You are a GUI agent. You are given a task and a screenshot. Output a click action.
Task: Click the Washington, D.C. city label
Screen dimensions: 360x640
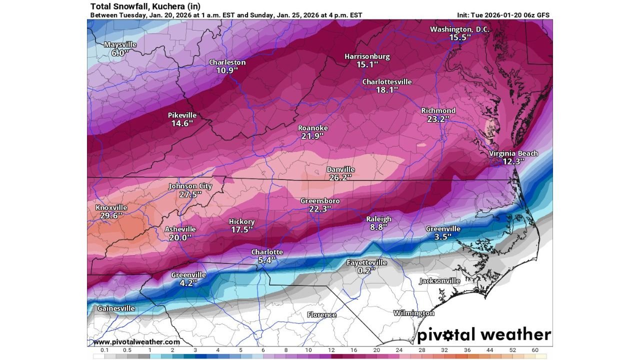coord(459,29)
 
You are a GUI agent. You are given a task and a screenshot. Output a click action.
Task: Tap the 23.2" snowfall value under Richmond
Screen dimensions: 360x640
coord(438,119)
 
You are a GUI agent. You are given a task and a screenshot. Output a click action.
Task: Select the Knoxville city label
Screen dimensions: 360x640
coord(111,207)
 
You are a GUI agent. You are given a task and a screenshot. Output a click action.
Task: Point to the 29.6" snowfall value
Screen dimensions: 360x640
coord(111,216)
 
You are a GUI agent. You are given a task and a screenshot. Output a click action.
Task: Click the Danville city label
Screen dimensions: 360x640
coord(340,169)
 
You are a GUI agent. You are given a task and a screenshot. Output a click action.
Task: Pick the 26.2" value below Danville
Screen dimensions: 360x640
coord(340,177)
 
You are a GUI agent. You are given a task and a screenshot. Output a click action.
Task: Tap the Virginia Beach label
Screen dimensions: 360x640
coord(513,153)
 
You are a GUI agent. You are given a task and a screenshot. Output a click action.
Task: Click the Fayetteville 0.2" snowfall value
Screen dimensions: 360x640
coord(366,271)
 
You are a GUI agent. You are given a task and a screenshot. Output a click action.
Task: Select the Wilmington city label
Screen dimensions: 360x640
coord(413,313)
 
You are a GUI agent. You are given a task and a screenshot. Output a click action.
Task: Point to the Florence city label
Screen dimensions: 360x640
coord(321,315)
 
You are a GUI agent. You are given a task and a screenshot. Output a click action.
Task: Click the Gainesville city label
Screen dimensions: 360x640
coord(116,308)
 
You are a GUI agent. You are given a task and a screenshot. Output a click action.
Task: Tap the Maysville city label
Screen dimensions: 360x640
coord(120,44)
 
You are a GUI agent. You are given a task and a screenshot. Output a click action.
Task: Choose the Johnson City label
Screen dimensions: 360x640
coord(190,186)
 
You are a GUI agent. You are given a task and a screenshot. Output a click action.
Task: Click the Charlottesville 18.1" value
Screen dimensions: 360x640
coord(387,90)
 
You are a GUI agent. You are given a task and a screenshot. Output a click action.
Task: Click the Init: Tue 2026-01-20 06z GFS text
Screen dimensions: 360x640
coord(503,15)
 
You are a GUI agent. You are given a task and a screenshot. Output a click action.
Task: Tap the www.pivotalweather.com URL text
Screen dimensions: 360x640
coord(136,342)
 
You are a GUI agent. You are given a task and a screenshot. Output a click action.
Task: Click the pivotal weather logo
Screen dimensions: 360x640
coord(483,334)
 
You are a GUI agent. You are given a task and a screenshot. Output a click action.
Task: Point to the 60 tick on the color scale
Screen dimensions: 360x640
coord(534,350)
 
